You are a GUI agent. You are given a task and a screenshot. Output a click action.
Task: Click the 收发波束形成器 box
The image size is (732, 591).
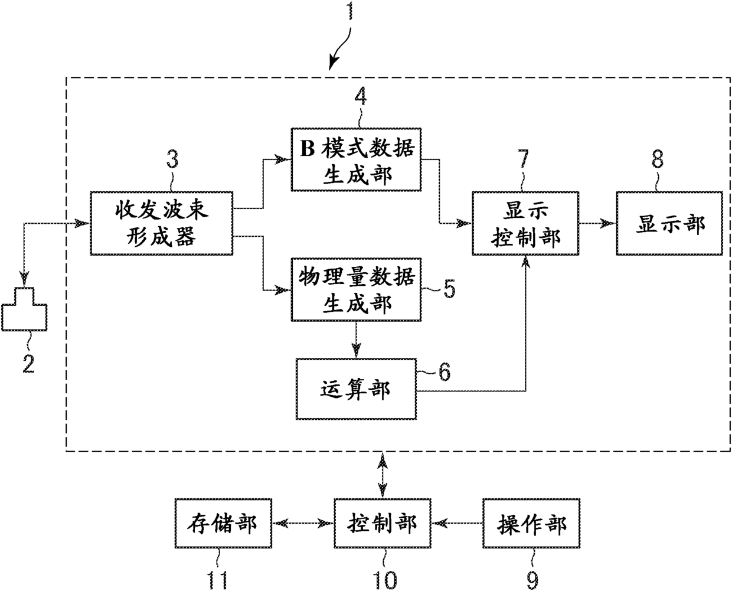162,223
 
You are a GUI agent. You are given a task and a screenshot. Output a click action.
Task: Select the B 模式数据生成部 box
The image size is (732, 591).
356,159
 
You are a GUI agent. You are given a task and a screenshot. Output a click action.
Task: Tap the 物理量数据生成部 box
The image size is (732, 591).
356,290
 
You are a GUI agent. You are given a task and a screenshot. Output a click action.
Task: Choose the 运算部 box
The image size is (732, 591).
356,389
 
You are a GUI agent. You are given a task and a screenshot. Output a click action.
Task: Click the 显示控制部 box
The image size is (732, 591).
525,223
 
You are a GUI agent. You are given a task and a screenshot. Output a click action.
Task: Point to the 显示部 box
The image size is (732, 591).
669,223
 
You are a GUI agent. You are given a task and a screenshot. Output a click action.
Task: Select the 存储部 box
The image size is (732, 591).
223,523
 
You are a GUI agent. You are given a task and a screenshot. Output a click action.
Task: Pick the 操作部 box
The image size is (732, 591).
531,523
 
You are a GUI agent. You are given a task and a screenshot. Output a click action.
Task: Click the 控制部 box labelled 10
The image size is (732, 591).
383,523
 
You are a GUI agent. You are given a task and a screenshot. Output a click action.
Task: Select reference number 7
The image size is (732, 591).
523,159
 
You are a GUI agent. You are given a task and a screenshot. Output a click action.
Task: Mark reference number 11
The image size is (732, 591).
217,580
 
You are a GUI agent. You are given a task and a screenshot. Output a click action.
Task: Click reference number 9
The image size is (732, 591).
532,580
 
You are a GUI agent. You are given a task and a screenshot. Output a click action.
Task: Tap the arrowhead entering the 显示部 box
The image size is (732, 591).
608,223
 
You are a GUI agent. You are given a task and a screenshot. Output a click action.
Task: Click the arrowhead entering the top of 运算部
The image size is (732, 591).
356,351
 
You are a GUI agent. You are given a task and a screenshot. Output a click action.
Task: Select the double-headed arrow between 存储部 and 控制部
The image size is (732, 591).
303,523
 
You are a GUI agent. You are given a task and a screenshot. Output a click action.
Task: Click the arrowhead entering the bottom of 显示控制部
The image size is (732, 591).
525,263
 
